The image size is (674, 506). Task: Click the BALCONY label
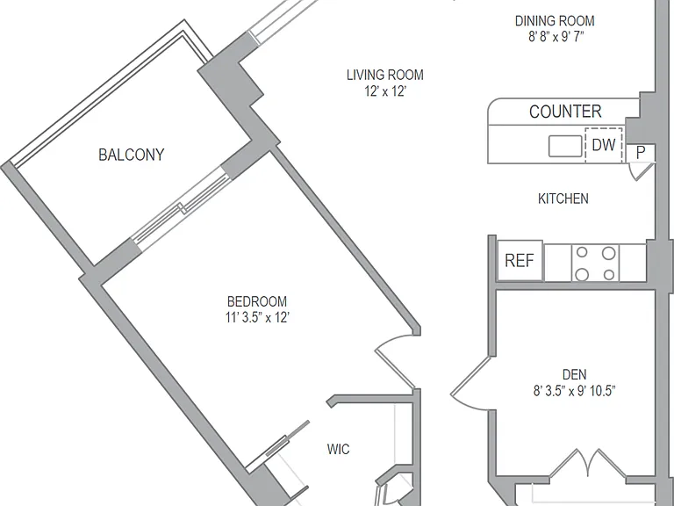[x=131, y=155]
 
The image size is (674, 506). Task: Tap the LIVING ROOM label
[x=385, y=75]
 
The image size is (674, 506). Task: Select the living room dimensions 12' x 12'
[x=385, y=91]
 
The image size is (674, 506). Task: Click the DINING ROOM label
[x=555, y=21]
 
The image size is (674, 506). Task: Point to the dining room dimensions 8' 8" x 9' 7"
[x=556, y=37]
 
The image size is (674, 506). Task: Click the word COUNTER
[x=565, y=112]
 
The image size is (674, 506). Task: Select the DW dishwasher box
[x=604, y=145]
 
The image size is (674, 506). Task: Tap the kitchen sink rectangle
[x=565, y=146]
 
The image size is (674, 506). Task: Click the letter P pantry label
[x=641, y=152]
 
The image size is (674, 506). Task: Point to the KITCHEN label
[x=563, y=199]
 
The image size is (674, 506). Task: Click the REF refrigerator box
[x=520, y=261]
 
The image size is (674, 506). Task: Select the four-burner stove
[x=595, y=263]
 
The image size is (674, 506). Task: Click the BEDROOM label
[x=256, y=301]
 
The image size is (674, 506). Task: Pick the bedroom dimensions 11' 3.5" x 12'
[x=257, y=317]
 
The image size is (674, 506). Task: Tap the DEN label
[x=574, y=374]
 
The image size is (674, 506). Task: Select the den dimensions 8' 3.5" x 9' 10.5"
[x=574, y=391]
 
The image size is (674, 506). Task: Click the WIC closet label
[x=338, y=449]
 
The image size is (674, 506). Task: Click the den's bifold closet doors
[x=588, y=464]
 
